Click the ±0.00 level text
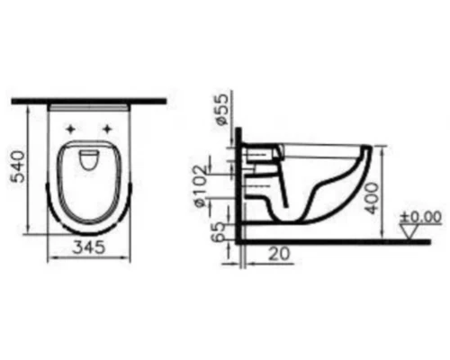click(421, 216)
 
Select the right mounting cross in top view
click(110, 128)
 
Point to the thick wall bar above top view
click(90, 99)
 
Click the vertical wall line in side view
click(237, 180)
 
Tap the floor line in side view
click(342, 241)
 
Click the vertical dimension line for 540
click(33, 171)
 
